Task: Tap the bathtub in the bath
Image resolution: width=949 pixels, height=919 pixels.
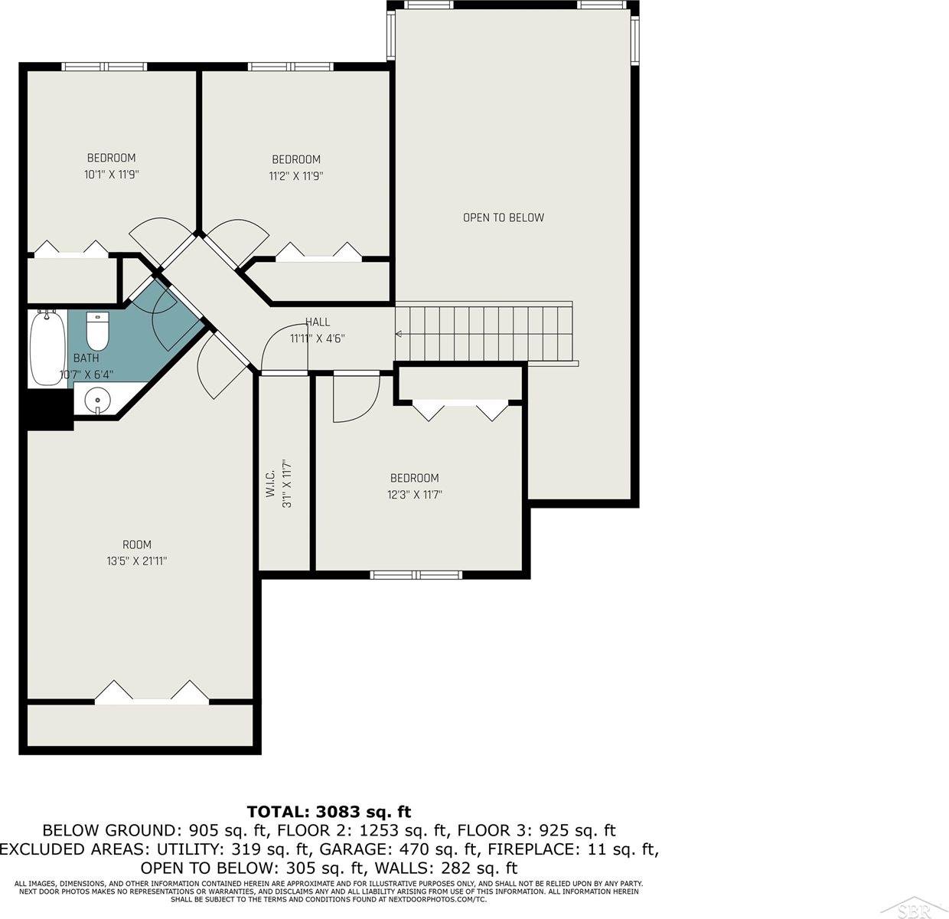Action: (47, 348)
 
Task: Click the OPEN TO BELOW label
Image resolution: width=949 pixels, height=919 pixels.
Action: (503, 217)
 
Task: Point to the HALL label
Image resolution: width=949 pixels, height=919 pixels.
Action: (317, 322)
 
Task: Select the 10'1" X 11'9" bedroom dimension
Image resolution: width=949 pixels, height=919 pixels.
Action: (112, 175)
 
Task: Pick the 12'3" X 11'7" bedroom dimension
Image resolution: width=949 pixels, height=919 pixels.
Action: (413, 495)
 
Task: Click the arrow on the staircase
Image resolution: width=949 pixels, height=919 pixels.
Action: (399, 334)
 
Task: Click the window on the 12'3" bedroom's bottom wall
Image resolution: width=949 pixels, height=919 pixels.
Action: (416, 574)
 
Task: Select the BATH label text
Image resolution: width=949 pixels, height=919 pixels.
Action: (86, 358)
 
